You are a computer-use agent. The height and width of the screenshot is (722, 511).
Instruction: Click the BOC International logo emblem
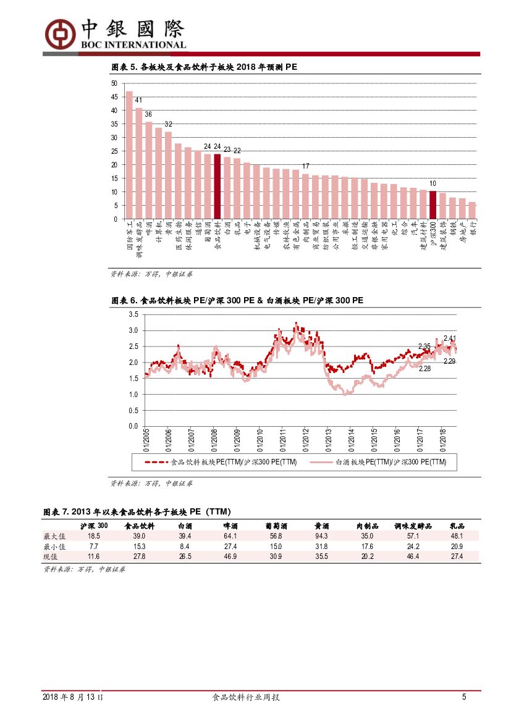coord(60,33)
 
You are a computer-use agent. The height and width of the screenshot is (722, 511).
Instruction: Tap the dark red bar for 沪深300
coord(433,205)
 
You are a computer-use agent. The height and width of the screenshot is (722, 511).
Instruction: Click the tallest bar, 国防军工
coord(129,155)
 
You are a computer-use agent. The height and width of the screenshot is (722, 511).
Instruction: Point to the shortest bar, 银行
coord(472,211)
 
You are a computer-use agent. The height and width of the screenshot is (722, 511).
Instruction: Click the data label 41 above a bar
coord(139,101)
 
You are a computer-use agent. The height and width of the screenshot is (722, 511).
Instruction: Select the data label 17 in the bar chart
coord(305,166)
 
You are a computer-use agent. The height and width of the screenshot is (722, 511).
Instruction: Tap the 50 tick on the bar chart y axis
coord(114,83)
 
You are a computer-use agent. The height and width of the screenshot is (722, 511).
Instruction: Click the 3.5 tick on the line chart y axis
coord(133,314)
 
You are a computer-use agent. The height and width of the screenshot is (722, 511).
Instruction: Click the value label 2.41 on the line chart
coord(450,338)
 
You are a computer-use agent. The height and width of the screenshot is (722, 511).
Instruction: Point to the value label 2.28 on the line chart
coord(424,369)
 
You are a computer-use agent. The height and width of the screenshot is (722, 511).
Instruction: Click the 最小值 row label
coord(54,547)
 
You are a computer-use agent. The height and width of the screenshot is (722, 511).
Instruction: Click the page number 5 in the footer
coord(464,697)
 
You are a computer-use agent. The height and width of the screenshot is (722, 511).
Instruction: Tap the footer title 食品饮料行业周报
coord(246,697)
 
